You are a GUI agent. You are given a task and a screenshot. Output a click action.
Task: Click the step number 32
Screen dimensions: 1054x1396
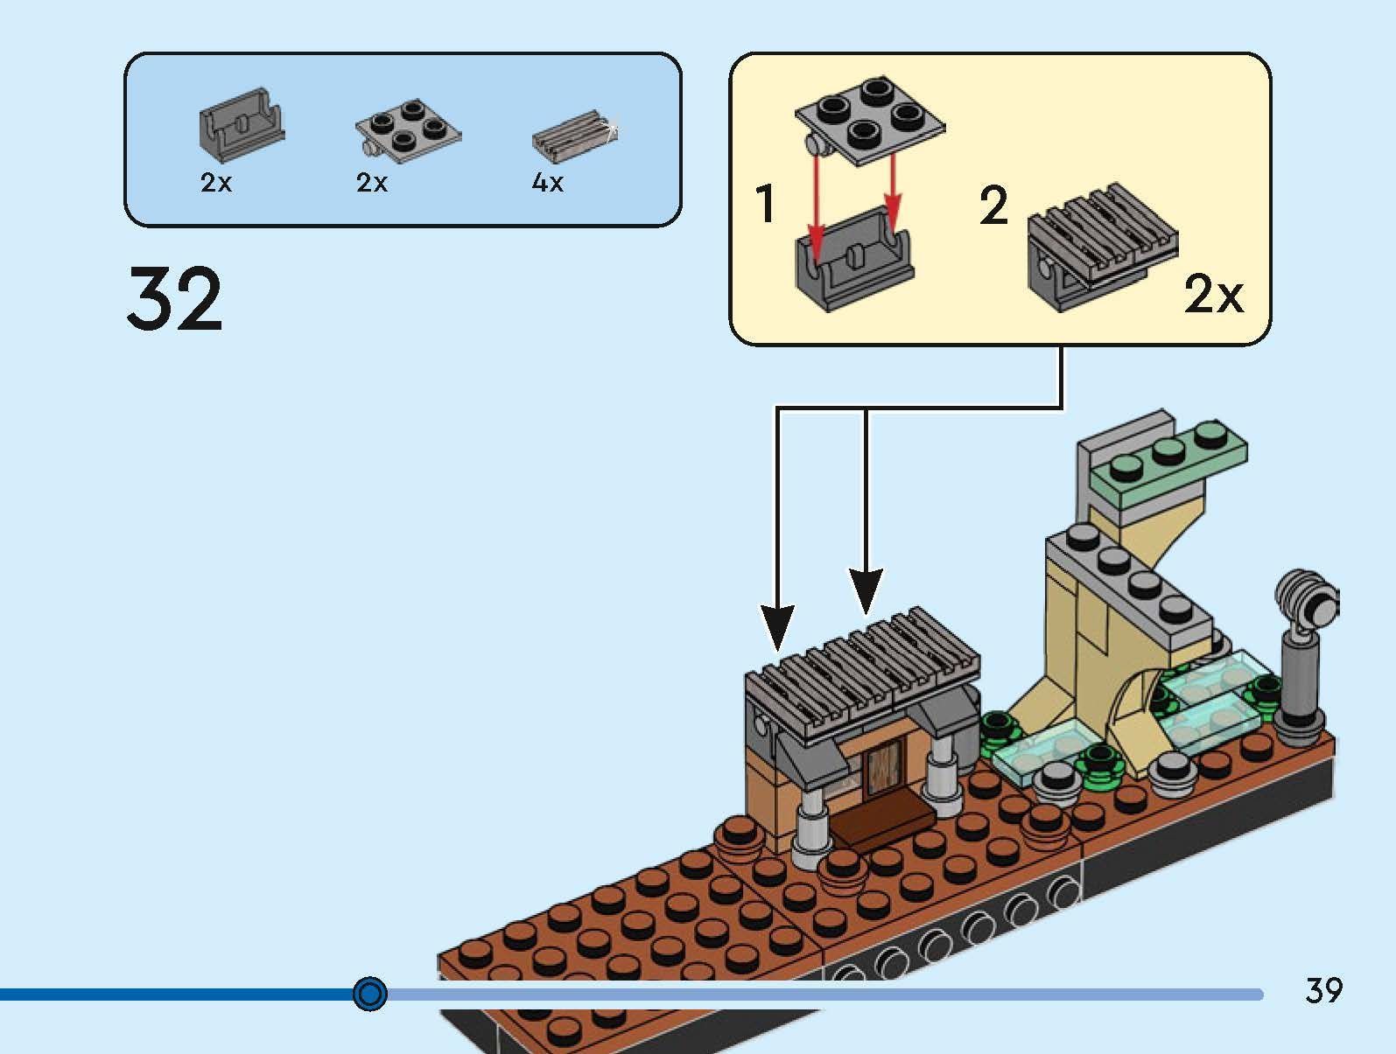tap(175, 299)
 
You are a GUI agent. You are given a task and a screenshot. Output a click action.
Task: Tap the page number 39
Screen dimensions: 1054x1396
tap(1322, 990)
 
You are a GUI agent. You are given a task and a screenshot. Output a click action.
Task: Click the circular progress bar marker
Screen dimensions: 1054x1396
tap(370, 994)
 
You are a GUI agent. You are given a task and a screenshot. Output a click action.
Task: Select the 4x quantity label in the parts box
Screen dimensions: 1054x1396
tap(548, 182)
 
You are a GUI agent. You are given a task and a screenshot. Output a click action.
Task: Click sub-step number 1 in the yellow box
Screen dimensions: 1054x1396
tap(765, 203)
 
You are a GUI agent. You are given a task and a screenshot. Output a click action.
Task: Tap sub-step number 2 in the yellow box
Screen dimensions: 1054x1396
tap(994, 206)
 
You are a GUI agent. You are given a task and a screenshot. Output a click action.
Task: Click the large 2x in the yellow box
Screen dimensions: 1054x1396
tap(1213, 294)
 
